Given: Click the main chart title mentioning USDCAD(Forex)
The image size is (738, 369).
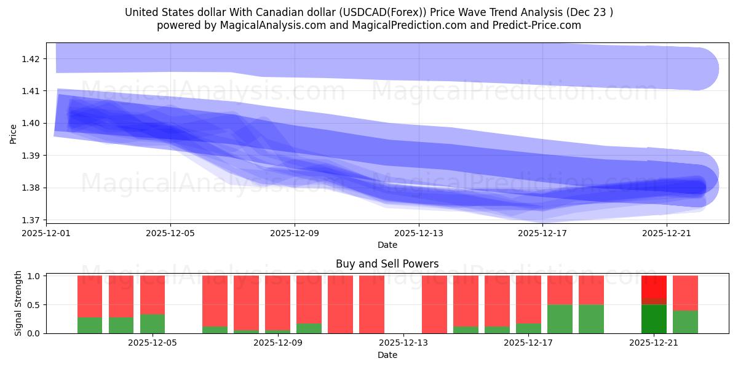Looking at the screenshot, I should coord(369,12).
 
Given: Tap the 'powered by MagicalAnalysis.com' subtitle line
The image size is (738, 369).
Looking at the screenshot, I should coord(369,25).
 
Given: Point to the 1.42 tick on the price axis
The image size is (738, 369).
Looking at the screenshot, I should coord(31,59).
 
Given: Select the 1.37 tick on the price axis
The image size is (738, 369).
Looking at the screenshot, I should coord(31,220).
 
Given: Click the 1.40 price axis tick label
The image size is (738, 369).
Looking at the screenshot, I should coord(31,123).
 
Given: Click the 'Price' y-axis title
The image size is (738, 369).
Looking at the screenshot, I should coord(14,133).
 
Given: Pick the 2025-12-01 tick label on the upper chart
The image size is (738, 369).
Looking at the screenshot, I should coord(47,233).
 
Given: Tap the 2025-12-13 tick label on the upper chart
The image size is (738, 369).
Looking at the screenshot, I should coord(419,233).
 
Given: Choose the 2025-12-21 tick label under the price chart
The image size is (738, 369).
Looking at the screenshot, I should coord(667,233).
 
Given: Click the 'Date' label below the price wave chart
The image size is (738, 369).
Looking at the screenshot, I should coord(387,245).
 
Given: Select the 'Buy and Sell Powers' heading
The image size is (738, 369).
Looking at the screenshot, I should coord(387,264).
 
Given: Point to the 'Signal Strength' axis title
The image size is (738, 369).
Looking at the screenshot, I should coord(18,303).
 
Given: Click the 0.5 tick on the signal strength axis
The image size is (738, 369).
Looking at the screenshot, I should coord(34,304).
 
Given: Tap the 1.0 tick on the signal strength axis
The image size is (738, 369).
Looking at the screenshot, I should coord(34,276).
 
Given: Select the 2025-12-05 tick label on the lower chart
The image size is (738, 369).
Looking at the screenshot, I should coord(152,343).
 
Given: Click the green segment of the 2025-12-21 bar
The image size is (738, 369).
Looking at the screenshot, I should coord(654,319).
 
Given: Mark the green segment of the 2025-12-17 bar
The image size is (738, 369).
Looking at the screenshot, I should coord(528,328).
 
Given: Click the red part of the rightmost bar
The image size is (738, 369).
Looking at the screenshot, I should coord(685,293).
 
